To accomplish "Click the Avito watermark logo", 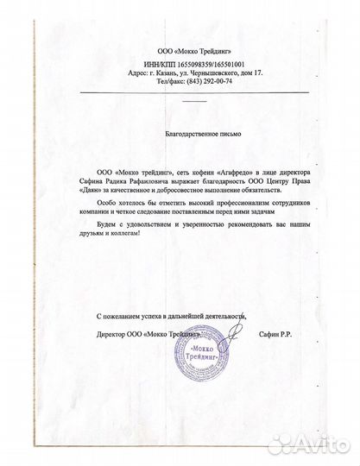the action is tap(319, 445).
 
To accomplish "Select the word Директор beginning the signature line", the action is tap(111, 333).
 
